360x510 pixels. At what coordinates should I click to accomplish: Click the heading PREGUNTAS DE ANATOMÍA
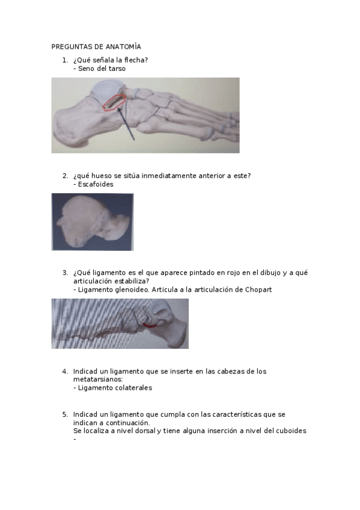pos(96,46)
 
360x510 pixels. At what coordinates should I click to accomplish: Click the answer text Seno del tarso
pos(102,69)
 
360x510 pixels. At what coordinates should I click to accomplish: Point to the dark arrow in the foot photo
pos(127,124)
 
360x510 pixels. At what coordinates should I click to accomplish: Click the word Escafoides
pos(96,184)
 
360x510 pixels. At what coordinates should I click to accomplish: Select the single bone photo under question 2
pos(93,221)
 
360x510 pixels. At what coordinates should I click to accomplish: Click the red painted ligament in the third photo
pos(150,325)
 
